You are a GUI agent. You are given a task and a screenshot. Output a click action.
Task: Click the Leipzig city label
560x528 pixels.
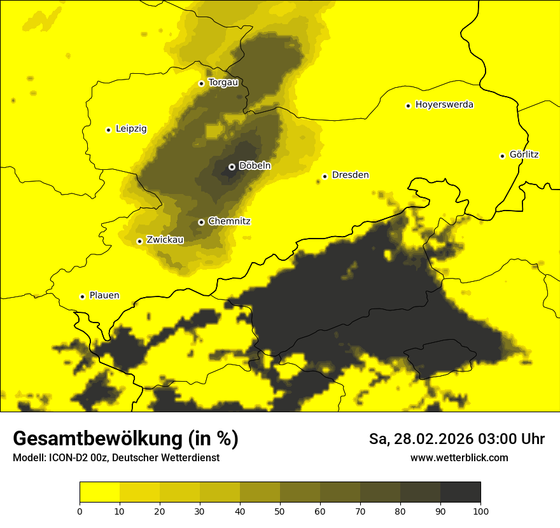(x=131, y=129)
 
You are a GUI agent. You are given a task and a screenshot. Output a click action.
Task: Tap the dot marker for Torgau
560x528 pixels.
(x=201, y=83)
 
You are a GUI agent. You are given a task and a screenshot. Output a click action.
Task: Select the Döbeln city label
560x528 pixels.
(x=255, y=166)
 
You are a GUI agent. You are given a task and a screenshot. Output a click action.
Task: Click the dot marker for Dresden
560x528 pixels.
(x=325, y=176)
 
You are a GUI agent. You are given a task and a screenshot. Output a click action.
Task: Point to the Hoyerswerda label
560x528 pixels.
(x=444, y=105)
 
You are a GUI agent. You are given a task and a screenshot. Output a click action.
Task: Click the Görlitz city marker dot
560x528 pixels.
(x=502, y=156)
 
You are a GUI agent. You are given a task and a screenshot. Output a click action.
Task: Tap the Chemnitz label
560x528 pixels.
(x=229, y=221)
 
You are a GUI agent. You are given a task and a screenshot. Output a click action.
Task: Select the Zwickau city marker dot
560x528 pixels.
(x=139, y=241)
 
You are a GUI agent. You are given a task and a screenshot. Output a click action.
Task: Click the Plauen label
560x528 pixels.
(x=104, y=296)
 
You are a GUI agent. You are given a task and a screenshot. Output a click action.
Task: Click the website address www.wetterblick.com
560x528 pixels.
(x=459, y=458)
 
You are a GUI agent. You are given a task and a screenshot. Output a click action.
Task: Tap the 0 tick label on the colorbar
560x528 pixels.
(x=80, y=511)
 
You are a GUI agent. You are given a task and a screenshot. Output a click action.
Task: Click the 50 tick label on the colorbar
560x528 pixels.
(x=280, y=511)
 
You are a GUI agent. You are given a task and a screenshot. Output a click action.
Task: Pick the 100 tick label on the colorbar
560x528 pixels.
(x=480, y=511)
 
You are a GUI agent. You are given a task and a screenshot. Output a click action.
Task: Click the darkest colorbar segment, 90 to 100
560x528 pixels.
(x=460, y=492)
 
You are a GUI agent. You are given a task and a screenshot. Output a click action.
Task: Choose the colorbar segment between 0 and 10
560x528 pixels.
(x=99, y=492)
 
